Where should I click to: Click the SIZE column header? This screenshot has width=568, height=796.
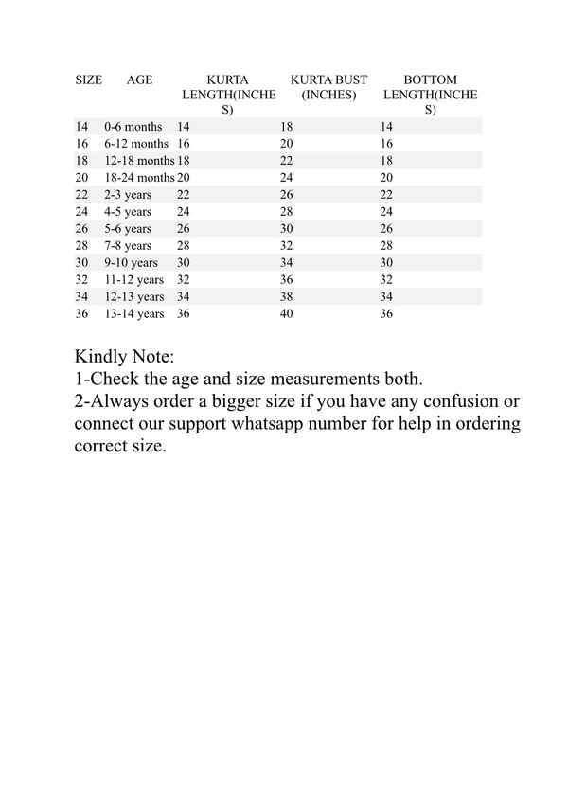tap(88, 80)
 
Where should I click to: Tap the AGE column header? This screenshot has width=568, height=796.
tap(139, 80)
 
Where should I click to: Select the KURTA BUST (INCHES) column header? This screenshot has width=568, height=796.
tap(328, 87)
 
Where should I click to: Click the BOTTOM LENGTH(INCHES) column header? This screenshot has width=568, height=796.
tap(430, 95)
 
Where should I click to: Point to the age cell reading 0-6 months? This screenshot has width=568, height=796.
tap(133, 127)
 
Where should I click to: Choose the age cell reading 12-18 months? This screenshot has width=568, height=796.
tap(139, 161)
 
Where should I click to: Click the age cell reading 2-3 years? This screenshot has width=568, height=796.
tap(128, 195)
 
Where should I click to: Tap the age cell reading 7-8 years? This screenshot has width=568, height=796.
tap(128, 246)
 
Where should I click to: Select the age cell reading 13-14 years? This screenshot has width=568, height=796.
tap(133, 314)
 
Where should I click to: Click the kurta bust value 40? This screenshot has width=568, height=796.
tap(287, 314)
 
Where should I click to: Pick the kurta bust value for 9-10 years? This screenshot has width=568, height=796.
tap(287, 263)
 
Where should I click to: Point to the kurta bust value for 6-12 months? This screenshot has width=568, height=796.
tap(287, 144)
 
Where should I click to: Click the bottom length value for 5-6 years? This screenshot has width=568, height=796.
tap(386, 229)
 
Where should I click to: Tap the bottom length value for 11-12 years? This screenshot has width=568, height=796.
tap(386, 280)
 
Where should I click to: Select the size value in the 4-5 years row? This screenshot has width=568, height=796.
tap(81, 212)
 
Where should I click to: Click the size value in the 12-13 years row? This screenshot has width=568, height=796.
tap(81, 297)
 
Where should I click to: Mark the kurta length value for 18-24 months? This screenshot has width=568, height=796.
tap(184, 178)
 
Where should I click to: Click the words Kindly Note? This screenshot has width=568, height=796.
tap(124, 358)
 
